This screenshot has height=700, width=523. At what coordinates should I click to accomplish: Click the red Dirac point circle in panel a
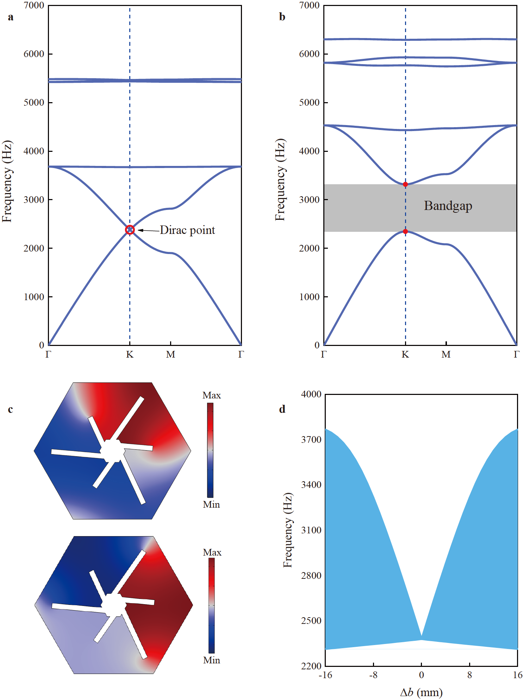tap(130, 230)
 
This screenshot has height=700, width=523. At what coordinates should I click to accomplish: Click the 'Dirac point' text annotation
tap(187, 230)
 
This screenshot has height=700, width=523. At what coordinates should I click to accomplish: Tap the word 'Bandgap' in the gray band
tap(448, 206)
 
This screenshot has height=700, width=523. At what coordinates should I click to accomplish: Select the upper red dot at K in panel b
tap(405, 184)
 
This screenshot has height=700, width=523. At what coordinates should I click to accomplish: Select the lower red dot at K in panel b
tap(405, 231)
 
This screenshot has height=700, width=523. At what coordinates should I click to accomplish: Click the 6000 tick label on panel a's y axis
tap(34, 54)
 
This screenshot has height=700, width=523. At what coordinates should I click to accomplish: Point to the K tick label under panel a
tap(130, 354)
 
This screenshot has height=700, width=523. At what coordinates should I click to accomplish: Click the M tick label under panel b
tap(446, 354)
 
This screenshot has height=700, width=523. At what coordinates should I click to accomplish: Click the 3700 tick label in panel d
tap(311, 439)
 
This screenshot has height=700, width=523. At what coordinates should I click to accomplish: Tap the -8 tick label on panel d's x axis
tap(373, 675)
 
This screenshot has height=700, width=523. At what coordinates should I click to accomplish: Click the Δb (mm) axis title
tap(421, 692)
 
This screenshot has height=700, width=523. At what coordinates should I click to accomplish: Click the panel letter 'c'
tap(11, 409)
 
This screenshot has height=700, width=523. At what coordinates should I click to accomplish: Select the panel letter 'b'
tap(282, 17)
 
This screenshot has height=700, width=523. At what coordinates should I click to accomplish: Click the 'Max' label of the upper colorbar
tap(212, 395)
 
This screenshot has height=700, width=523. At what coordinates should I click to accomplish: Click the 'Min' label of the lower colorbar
tap(212, 660)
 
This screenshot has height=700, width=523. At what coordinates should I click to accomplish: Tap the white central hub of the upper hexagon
tap(113, 451)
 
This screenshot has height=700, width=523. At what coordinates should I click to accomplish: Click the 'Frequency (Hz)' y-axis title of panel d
tap(288, 530)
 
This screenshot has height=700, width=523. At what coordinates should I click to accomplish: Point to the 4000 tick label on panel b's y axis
tap(309, 151)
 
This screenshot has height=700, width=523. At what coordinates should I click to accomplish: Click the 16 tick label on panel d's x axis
tap(517, 675)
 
